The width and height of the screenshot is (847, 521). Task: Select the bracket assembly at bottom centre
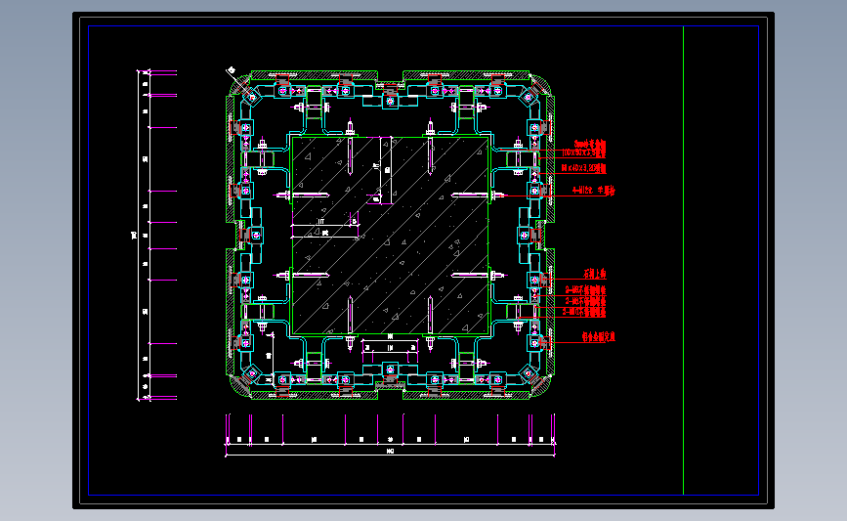[391, 369]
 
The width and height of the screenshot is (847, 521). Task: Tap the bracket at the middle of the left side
[257, 235]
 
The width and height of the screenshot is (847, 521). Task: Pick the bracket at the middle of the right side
[526, 235]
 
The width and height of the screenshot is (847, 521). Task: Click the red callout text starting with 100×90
[584, 153]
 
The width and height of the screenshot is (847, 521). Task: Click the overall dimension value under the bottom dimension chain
[391, 451]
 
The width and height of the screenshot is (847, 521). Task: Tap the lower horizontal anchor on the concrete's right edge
[473, 277]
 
